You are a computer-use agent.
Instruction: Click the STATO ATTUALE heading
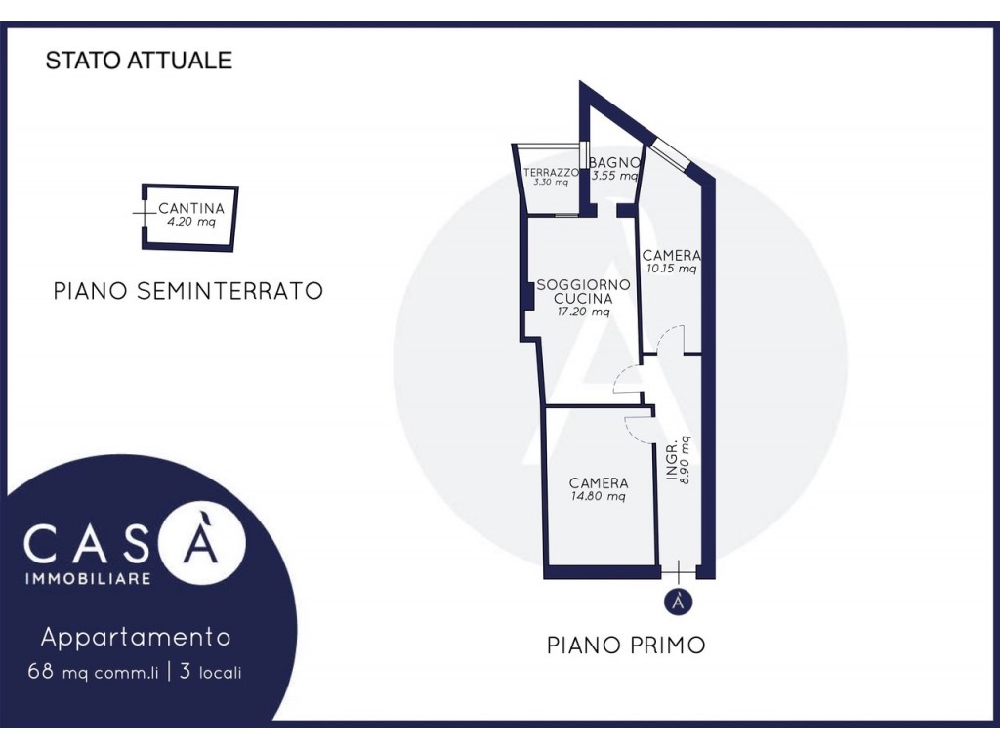139,60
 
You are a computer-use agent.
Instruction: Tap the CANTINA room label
191,209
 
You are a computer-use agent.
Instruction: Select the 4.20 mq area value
191,222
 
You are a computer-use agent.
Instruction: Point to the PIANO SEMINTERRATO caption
188,291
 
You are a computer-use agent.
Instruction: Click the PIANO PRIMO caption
626,645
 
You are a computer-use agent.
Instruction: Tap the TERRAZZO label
551,172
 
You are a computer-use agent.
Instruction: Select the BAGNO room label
614,163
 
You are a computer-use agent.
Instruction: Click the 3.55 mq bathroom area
615,176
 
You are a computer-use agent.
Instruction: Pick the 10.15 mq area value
672,269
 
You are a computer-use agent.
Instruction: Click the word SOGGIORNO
584,284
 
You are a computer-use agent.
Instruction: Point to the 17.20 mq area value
584,312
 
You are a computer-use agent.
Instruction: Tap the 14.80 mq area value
599,496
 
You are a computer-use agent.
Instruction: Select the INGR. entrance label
672,462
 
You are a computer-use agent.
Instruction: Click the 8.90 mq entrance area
686,460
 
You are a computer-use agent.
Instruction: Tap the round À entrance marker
679,602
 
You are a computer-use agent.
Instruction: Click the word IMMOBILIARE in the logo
88,578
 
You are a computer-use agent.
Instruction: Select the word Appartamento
136,637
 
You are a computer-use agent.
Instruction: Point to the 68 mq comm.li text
93,672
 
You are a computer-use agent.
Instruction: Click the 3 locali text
211,672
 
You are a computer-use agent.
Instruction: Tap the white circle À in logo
201,543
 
